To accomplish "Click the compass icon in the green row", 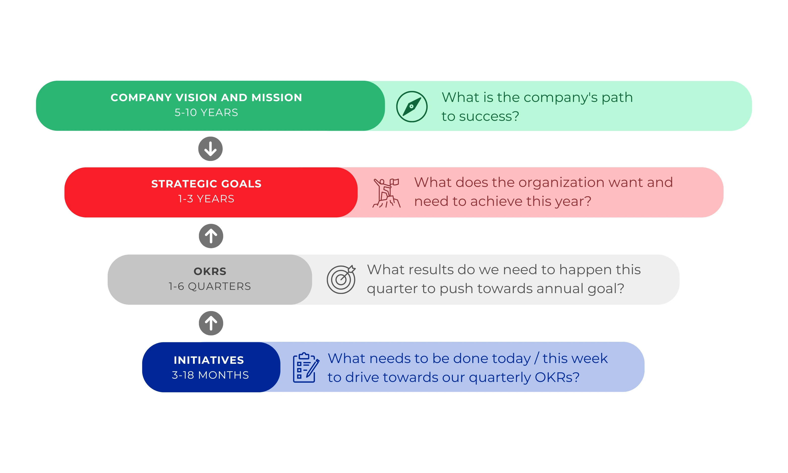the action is tap(412, 106).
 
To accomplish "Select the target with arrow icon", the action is tap(341, 279).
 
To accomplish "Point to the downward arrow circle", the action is tap(210, 149).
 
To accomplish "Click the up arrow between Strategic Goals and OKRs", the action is tap(211, 236).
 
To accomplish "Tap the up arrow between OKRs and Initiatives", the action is tap(211, 323).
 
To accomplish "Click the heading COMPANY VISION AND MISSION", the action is tap(206, 98).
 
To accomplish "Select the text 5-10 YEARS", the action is tap(206, 113).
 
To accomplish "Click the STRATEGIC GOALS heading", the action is tap(206, 184).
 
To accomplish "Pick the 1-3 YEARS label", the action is tap(206, 199).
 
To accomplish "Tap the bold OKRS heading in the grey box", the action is tap(210, 271).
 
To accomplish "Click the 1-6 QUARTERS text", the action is tap(210, 286).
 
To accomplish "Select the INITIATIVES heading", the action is tap(209, 360).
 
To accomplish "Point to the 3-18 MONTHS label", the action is tap(210, 375).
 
